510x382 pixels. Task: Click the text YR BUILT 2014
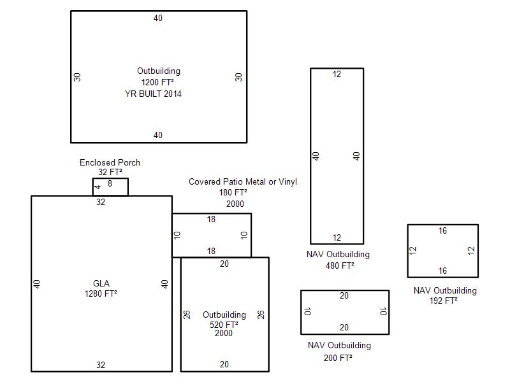tap(153, 94)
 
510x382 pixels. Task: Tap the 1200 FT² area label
tap(157, 82)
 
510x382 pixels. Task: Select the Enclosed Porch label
tap(110, 162)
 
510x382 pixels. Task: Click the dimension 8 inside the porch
tap(110, 184)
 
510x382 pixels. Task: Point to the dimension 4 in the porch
tap(98, 187)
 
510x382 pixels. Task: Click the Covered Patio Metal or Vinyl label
tap(243, 181)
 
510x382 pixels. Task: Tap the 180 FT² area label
tap(233, 193)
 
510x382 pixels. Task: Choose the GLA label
tap(101, 283)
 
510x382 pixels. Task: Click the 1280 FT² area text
tap(101, 294)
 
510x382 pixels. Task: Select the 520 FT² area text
tap(224, 325)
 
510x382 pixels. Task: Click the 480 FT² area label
tap(340, 265)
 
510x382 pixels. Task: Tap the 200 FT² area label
tap(338, 358)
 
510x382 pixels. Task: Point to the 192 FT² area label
tap(443, 301)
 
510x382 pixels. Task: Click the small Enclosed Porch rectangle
tap(110, 178)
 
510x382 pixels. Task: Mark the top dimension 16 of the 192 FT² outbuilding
tap(442, 230)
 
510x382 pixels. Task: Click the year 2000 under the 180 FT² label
tap(235, 204)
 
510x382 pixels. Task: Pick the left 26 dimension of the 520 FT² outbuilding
tap(187, 315)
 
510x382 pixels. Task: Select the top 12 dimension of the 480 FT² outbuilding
tap(337, 74)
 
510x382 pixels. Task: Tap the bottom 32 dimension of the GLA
tap(101, 365)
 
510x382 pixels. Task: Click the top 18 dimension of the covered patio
tap(211, 219)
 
